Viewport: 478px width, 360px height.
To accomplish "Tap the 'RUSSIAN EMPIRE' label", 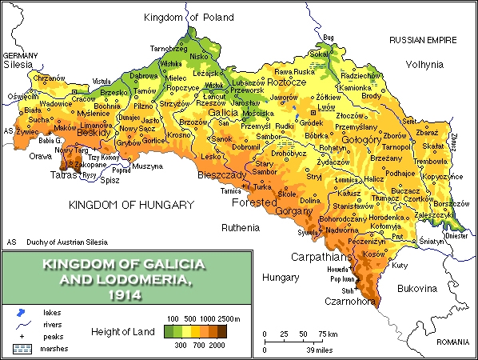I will pos(423,39).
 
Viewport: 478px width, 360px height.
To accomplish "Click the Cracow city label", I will pos(62,98).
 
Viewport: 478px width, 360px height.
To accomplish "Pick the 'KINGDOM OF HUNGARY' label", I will pos(131,205).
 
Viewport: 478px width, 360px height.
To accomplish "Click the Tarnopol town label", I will pos(374,148).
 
